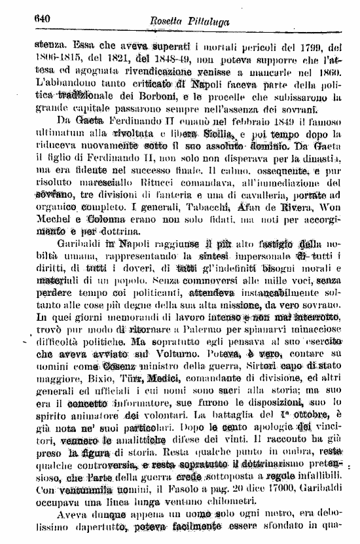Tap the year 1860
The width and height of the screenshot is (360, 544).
333,73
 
